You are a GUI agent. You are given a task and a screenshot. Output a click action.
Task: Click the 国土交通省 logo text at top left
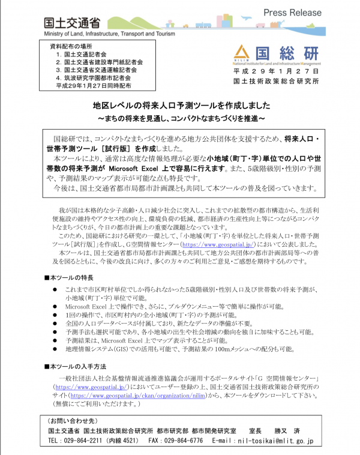[71, 23]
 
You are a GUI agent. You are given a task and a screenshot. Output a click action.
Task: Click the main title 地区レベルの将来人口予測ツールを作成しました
[179, 104]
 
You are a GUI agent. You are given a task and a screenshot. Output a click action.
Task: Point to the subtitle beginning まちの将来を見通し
[180, 114]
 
